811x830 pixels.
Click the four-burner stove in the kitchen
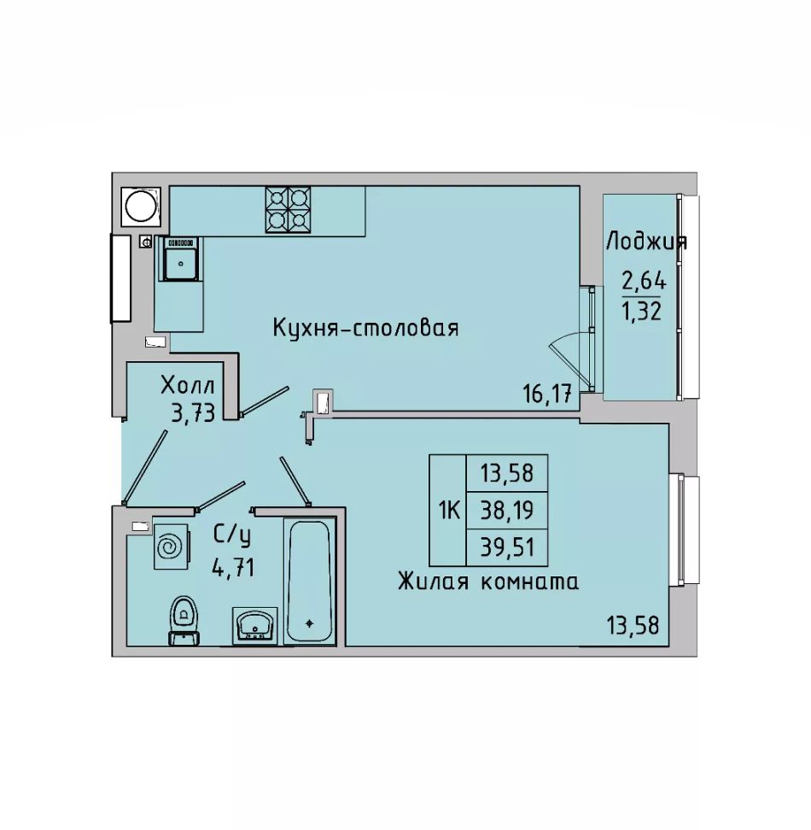288,210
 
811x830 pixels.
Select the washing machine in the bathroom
172,547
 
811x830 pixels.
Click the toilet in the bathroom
184,621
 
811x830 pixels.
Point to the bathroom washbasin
255,625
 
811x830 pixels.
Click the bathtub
310,581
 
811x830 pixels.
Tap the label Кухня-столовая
365,328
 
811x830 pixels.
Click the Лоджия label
646,242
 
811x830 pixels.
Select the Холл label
189,385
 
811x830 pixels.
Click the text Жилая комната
487,582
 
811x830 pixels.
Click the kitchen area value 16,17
547,394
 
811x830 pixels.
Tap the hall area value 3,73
193,412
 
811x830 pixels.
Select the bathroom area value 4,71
233,568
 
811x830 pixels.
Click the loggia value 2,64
644,281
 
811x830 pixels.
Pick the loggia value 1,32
642,312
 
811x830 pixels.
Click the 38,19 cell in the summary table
507,510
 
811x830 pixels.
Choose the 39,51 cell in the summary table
507,547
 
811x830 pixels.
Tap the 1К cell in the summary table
447,510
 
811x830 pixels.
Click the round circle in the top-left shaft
141,207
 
